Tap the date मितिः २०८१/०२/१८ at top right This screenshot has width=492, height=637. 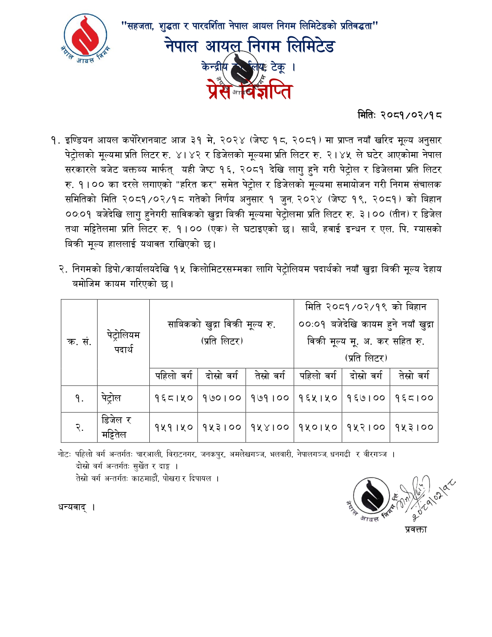pos(399,115)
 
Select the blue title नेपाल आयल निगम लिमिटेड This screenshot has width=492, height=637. pos(250,46)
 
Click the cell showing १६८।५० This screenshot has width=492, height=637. pos(174,398)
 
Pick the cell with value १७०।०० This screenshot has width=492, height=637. pos(222,398)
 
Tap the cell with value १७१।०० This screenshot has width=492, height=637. pos(270,398)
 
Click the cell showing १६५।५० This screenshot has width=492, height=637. pos(318,398)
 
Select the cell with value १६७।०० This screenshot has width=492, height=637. pos(366,398)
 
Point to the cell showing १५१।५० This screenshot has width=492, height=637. pos(174,427)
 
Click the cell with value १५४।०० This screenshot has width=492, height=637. pos(270,427)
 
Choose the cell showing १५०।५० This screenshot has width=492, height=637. pos(318,427)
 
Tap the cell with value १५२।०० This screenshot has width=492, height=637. pos(366,427)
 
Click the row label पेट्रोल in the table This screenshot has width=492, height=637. pos(112,398)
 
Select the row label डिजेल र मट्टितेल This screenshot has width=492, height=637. pos(116,427)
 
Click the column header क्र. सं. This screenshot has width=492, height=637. pos(79,342)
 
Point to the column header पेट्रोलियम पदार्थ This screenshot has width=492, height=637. pos(123,342)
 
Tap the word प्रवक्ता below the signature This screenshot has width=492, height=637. pos(416,529)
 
